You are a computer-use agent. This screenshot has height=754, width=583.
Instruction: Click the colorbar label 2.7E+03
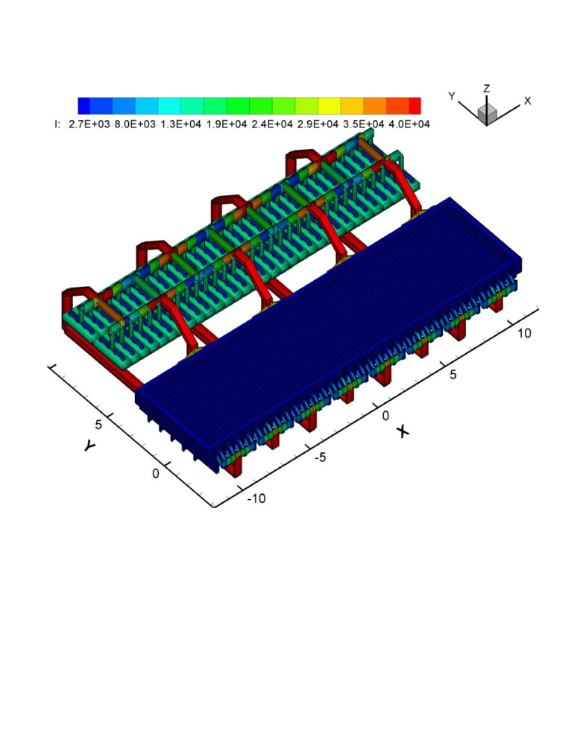(x=89, y=124)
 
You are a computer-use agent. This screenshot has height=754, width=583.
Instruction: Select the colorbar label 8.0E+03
(x=135, y=124)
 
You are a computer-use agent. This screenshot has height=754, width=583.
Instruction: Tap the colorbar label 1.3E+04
(x=180, y=124)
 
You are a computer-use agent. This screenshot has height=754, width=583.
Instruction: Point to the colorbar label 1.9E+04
(x=227, y=124)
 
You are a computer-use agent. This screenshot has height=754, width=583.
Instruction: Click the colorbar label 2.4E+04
(x=272, y=124)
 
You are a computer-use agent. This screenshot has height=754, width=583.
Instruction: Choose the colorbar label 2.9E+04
(x=318, y=124)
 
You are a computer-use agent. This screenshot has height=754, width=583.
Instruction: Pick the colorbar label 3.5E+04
(x=364, y=124)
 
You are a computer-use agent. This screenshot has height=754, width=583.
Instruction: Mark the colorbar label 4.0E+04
(x=409, y=124)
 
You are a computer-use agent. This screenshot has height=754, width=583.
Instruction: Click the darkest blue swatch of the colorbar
(x=83, y=106)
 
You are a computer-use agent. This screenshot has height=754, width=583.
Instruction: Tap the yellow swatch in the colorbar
(x=329, y=106)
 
